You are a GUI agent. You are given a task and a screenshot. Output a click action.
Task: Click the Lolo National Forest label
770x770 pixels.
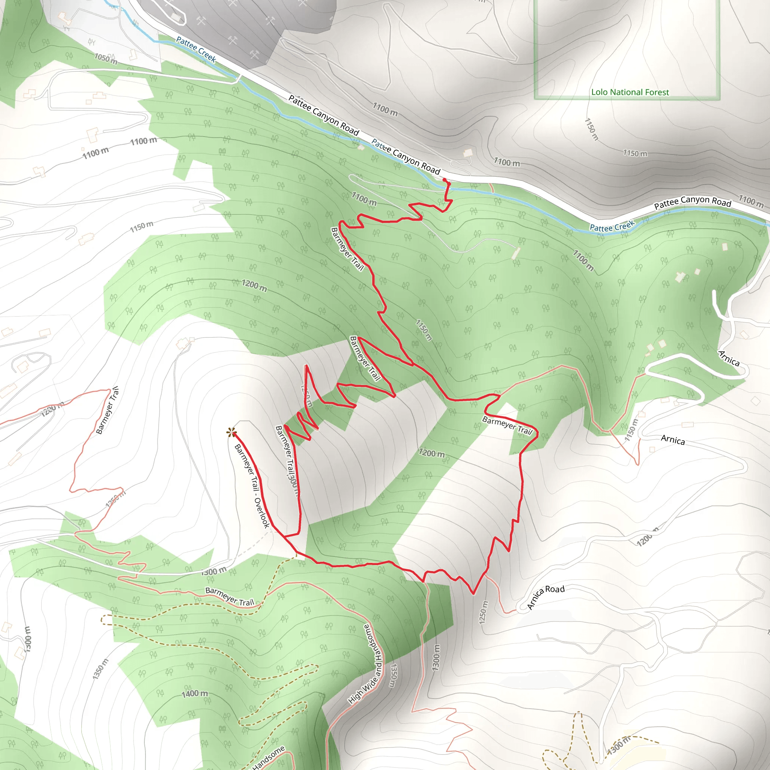pyautogui.click(x=630, y=92)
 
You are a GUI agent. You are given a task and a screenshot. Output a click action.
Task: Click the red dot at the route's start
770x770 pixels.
pyautogui.click(x=444, y=180)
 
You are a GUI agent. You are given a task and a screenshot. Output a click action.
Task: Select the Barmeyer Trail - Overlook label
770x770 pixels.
pyautogui.click(x=252, y=486)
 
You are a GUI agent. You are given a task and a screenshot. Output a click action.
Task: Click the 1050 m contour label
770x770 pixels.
pyautogui.click(x=106, y=59)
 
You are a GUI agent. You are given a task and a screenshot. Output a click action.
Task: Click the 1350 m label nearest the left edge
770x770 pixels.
pyautogui.click(x=100, y=669)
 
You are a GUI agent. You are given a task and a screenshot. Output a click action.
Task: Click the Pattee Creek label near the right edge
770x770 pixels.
pyautogui.click(x=612, y=226)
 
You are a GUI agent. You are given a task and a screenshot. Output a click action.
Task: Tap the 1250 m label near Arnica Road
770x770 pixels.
pyautogui.click(x=483, y=612)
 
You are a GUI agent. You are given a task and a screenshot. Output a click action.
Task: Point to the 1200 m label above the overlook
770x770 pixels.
pyautogui.click(x=254, y=285)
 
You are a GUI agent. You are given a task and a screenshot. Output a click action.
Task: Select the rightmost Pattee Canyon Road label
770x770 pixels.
pyautogui.click(x=692, y=203)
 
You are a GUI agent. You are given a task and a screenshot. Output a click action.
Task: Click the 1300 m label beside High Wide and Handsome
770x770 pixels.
pyautogui.click(x=437, y=657)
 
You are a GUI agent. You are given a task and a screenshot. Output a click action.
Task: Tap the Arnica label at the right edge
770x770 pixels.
pyautogui.click(x=729, y=358)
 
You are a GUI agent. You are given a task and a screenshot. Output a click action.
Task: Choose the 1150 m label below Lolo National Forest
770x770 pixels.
pyautogui.click(x=635, y=153)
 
